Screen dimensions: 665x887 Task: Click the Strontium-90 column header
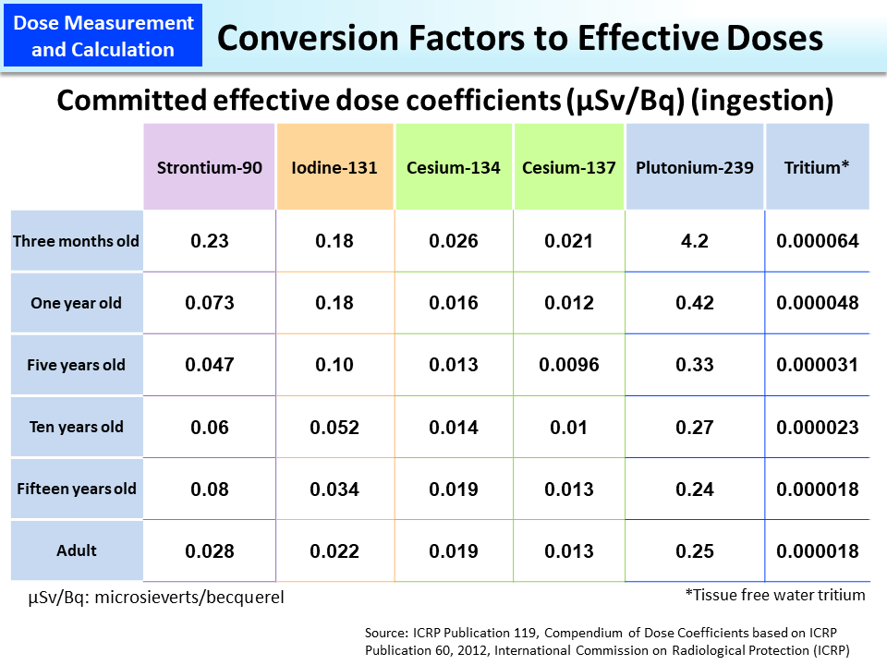point(209,167)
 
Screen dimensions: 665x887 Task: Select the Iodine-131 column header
point(335,167)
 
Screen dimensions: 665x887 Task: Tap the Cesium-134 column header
point(454,167)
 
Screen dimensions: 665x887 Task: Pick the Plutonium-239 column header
point(695,167)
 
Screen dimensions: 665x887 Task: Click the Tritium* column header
point(817,167)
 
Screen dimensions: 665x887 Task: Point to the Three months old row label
point(77,241)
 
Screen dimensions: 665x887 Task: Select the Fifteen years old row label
point(77,489)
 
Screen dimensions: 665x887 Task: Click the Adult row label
point(77,550)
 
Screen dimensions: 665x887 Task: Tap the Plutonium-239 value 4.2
point(695,241)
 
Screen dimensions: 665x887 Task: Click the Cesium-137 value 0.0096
point(569,365)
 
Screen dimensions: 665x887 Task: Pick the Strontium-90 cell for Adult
point(210,551)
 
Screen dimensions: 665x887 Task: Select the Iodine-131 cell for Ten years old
point(334,428)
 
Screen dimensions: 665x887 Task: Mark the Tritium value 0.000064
point(818,241)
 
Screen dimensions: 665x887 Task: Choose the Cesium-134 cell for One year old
point(454,303)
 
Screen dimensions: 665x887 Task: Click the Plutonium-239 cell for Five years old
point(695,365)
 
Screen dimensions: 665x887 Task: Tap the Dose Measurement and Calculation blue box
point(103,37)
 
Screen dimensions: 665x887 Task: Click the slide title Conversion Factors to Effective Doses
point(518,38)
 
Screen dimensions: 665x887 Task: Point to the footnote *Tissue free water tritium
point(774,595)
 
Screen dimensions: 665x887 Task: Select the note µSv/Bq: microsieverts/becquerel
point(156,598)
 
